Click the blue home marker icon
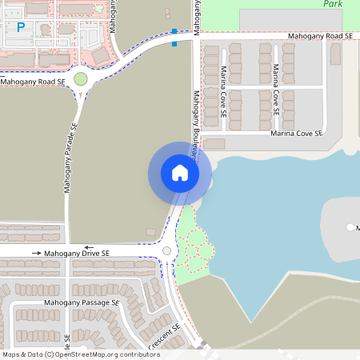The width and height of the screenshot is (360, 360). pyautogui.click(x=180, y=173)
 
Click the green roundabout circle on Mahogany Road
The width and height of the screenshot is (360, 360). pyautogui.click(x=80, y=79)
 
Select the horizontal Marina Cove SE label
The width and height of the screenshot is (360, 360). pyautogui.click(x=295, y=134)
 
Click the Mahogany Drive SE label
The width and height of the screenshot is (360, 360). pyautogui.click(x=77, y=253)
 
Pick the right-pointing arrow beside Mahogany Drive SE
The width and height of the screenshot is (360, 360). pyautogui.click(x=37, y=253)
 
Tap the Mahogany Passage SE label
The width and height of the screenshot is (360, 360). pyautogui.click(x=81, y=303)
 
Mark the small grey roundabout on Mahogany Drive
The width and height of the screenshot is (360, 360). pyautogui.click(x=166, y=251)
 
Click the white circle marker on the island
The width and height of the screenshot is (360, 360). pyautogui.click(x=350, y=227)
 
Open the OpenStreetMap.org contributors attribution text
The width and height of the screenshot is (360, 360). pyautogui.click(x=104, y=354)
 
